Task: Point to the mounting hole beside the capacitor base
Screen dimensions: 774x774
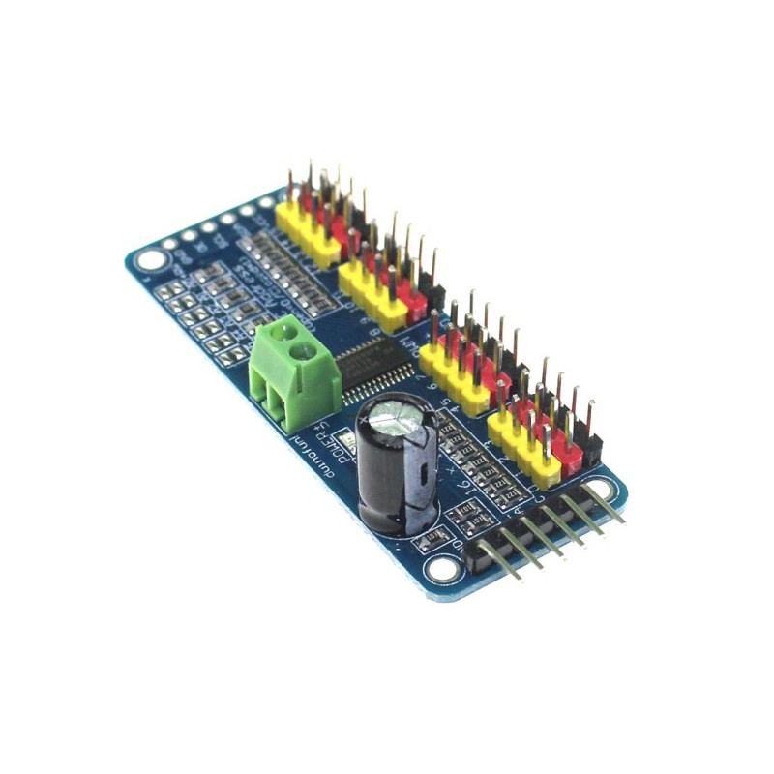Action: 443,570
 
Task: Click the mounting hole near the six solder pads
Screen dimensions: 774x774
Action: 151,259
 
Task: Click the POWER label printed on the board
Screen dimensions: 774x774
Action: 328,440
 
